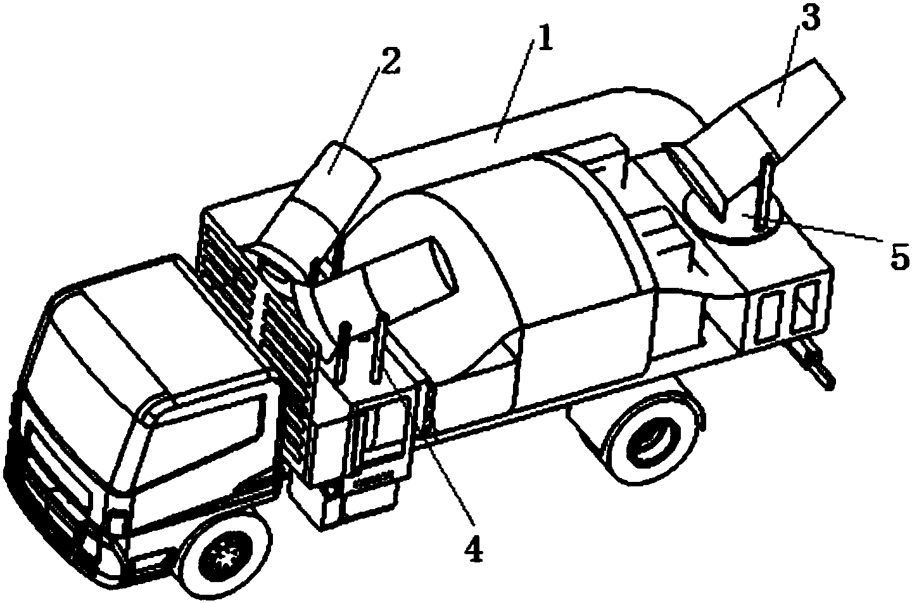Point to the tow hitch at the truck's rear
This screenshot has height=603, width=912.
[x=810, y=364]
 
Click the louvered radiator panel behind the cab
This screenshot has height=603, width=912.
[x=260, y=326]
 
